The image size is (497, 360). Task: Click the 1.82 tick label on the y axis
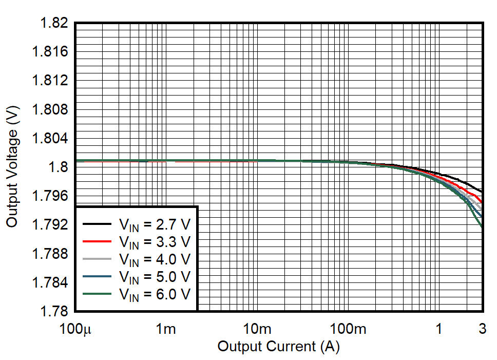53,23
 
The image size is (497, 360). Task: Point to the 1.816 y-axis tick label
50,52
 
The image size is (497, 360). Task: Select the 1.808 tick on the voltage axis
50,109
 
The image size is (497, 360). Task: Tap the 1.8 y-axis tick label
58,167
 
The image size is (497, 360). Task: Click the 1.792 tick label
50,224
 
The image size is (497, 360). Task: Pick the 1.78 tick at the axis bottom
53,311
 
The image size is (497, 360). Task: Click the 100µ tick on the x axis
75,329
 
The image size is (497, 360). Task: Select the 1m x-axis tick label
165,329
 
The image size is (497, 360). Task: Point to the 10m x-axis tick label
256,329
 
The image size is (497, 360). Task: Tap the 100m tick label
348,329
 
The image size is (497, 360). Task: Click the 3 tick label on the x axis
483,329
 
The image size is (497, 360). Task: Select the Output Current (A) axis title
278,347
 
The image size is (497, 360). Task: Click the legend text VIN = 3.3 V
154,241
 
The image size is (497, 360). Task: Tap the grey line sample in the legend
97,259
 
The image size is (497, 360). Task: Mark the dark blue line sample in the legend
97,276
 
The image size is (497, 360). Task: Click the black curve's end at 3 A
482,192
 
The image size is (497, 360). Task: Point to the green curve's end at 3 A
482,226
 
